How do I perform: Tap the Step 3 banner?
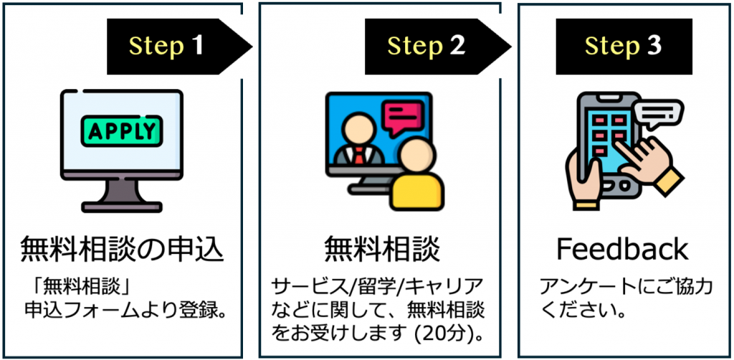(x=624, y=47)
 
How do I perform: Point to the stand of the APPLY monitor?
(x=121, y=194)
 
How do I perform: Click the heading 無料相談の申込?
(x=121, y=250)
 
